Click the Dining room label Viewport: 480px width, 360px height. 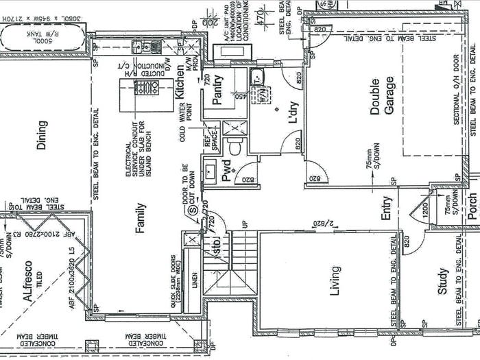click(43, 135)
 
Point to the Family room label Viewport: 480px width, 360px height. click(141, 218)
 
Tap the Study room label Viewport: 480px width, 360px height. click(442, 281)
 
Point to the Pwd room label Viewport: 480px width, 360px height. click(226, 170)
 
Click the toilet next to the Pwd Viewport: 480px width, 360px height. click(235, 147)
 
